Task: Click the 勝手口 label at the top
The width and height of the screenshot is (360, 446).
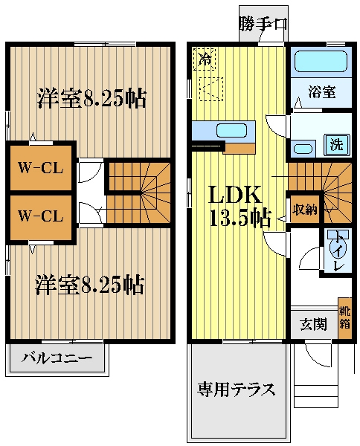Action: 263,25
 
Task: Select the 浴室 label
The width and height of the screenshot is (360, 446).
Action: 321,93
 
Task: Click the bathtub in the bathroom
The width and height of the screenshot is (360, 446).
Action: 321,62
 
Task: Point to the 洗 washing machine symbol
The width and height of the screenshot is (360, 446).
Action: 337,144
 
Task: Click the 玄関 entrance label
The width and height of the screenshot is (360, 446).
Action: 312,324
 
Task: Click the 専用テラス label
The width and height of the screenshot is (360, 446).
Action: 237,389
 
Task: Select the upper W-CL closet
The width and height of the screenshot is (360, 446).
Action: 40,167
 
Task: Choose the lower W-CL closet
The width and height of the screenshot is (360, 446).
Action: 40,216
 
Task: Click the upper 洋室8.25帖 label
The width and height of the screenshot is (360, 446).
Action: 91,97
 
